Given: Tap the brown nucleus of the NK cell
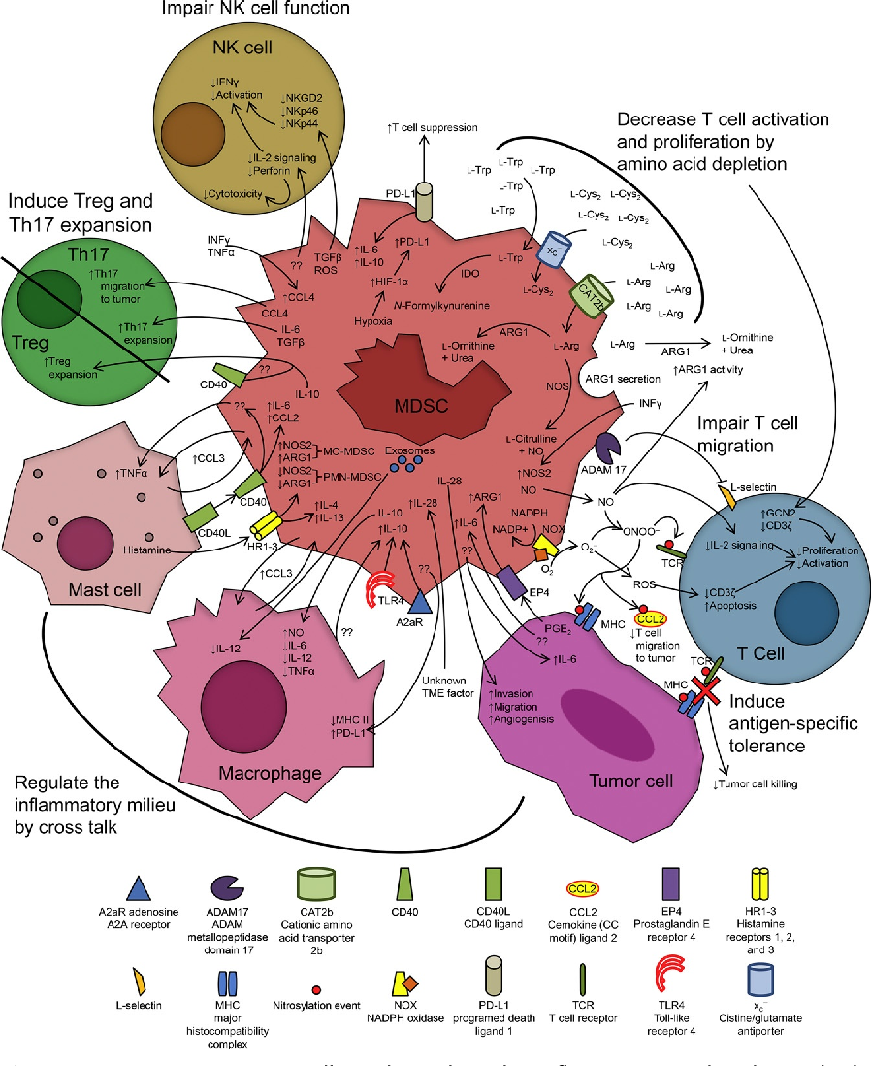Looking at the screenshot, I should pos(194,136).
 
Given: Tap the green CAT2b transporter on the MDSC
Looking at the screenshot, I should pos(589,294).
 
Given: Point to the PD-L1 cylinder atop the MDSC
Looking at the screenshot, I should pos(424,199).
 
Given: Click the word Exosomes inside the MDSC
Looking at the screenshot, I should pos(410,451).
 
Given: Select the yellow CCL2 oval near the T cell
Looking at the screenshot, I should pos(650,618).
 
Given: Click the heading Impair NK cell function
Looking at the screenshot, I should pos(255,9).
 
